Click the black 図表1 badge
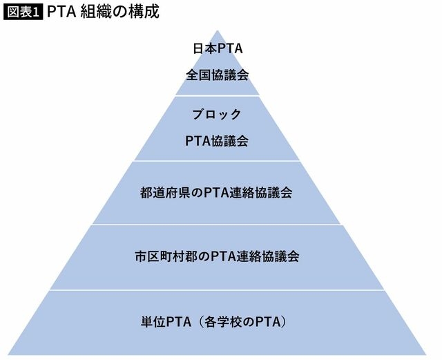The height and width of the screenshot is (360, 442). [x=23, y=12]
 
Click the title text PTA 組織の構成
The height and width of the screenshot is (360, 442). [x=103, y=12]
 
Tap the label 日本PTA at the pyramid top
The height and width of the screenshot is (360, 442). [x=218, y=48]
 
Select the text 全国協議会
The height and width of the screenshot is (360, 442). [x=217, y=75]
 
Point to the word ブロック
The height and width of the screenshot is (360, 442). [x=217, y=115]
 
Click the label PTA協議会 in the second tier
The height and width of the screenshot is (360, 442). [x=216, y=141]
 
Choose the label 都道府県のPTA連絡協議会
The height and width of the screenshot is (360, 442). [x=216, y=193]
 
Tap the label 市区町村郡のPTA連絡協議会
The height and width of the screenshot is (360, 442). [x=217, y=257]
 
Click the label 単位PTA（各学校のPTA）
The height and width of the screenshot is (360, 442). [x=215, y=322]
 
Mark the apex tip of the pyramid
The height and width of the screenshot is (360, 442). [x=218, y=30]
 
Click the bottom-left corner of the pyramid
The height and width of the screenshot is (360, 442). [x=8, y=354]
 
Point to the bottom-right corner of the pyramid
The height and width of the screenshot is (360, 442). [x=426, y=354]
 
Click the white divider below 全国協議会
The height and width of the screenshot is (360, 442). [x=218, y=95]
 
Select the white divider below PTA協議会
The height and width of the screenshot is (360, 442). [x=217, y=161]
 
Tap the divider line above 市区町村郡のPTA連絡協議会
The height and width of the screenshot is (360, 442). [x=217, y=225]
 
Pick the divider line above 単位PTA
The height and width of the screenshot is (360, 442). [x=217, y=290]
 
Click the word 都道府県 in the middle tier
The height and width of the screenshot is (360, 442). [x=165, y=193]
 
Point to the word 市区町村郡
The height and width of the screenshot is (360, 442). [x=166, y=257]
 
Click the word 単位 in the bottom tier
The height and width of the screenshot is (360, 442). [x=153, y=322]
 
